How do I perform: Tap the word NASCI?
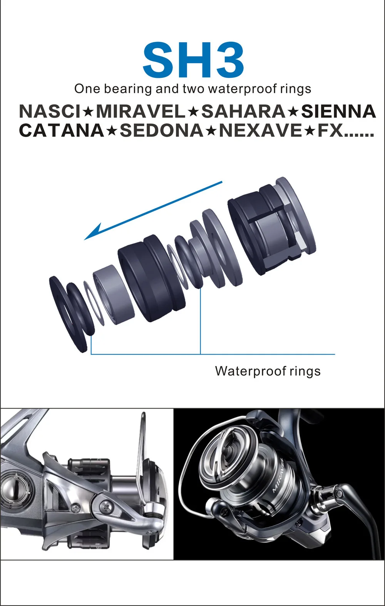[50, 111]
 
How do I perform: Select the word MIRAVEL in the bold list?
[140, 111]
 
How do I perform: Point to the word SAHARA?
[243, 111]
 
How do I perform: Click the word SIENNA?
[339, 111]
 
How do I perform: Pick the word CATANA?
[62, 130]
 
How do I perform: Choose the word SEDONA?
[162, 130]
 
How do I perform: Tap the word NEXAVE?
[260, 130]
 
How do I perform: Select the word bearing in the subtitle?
[128, 89]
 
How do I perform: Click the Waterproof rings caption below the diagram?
[268, 371]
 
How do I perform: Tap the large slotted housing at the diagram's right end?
[272, 226]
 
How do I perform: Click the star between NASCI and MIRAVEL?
[88, 112]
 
